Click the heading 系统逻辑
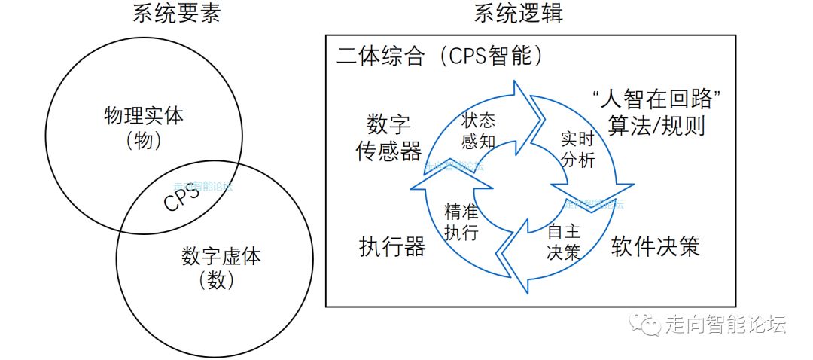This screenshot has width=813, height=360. click(519, 14)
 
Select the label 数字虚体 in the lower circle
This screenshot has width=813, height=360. click(221, 256)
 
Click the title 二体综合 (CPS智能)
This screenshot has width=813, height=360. click(440, 56)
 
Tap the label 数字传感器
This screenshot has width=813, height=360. click(388, 138)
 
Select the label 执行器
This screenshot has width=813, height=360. click(392, 246)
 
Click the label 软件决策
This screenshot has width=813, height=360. click(655, 246)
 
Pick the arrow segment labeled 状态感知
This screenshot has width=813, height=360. click(477, 129)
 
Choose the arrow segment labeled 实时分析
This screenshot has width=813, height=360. click(578, 148)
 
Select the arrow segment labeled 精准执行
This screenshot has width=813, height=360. click(461, 221)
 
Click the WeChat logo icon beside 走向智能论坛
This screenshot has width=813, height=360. click(646, 325)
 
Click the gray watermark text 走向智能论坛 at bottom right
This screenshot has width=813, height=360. click(726, 325)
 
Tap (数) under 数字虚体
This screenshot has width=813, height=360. click(221, 281)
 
